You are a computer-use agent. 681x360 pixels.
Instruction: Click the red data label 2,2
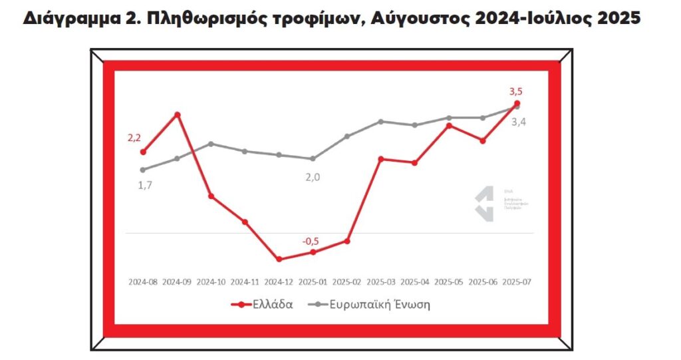(135, 138)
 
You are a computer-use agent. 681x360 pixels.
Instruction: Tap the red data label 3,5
(516, 91)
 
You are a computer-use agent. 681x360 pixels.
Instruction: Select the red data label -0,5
(311, 241)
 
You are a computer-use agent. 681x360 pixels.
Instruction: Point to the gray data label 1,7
(145, 185)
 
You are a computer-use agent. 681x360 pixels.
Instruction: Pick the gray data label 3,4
(518, 122)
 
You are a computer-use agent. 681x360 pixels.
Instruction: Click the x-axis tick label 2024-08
(143, 281)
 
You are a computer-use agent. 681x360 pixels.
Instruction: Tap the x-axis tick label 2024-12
(279, 281)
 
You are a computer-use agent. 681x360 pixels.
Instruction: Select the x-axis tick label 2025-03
(381, 281)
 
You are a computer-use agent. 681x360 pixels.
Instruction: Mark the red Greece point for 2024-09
(177, 114)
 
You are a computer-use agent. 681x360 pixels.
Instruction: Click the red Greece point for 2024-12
(279, 259)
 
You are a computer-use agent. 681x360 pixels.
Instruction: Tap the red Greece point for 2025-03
(381, 159)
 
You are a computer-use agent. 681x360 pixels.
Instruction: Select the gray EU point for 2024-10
(211, 144)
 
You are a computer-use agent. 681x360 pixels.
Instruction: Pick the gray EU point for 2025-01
(313, 158)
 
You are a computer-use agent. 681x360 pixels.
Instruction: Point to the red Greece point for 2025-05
(449, 125)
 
